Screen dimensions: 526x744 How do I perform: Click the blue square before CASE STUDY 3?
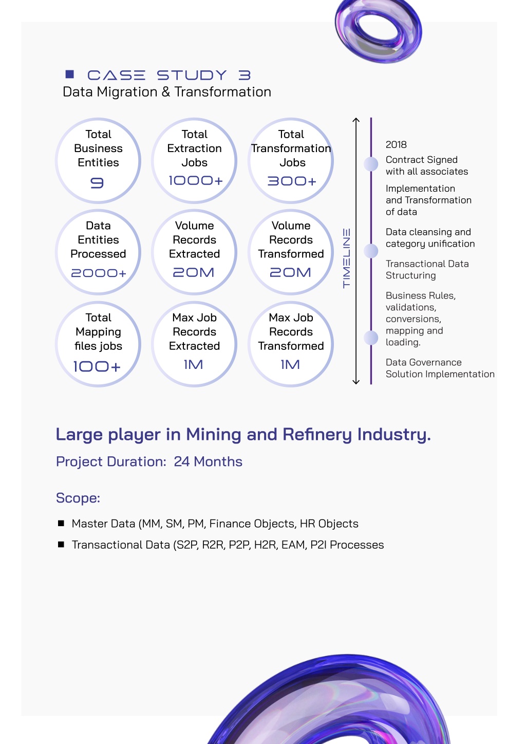[x=69, y=74]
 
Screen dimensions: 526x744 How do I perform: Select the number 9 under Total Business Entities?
[x=97, y=183]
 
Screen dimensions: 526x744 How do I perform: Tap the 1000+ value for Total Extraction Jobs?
[x=195, y=180]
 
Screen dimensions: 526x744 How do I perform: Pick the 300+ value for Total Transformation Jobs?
[x=292, y=181]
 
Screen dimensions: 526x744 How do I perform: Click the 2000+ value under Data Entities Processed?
[x=99, y=273]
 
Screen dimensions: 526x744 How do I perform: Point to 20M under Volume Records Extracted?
[x=194, y=272]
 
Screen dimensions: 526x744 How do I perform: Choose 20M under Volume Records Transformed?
[x=290, y=272]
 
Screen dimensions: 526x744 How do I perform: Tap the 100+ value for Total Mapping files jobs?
[x=97, y=367]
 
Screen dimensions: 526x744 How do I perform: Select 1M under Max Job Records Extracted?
[x=193, y=365]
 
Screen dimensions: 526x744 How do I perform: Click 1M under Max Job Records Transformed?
[x=290, y=365]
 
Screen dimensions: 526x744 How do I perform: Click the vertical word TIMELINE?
[x=346, y=258]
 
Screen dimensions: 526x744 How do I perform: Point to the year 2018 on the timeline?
[x=396, y=144]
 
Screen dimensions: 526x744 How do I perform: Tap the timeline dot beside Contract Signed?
[x=371, y=164]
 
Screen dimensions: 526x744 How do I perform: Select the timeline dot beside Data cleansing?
[x=371, y=251]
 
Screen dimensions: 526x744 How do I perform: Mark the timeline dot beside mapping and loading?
[x=371, y=338]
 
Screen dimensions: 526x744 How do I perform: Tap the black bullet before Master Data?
[x=61, y=523]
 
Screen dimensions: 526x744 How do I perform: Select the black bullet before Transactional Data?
[x=61, y=544]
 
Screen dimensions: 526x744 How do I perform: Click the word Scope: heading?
[x=78, y=498]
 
